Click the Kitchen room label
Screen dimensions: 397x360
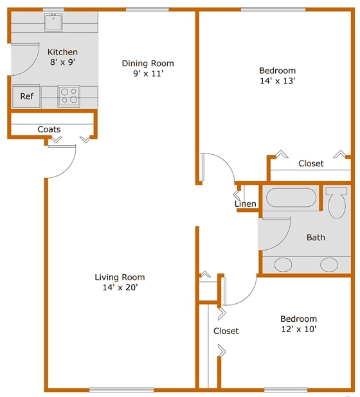(x=63, y=52)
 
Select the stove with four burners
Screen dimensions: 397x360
(x=69, y=96)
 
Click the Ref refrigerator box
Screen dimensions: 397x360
(x=26, y=96)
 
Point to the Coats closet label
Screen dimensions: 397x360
(x=49, y=130)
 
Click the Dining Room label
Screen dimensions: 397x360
(x=148, y=64)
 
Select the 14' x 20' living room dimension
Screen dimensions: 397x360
(x=120, y=288)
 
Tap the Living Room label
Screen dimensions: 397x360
(x=120, y=278)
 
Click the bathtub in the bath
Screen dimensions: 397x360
(x=292, y=197)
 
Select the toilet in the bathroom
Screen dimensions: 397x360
(x=336, y=202)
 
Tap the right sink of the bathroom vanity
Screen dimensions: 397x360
(x=329, y=263)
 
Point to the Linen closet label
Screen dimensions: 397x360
(x=246, y=204)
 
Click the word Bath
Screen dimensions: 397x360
(x=316, y=238)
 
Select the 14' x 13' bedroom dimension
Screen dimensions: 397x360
(x=277, y=81)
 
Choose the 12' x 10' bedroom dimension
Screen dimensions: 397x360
(x=298, y=329)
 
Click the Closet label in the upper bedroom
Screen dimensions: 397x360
(x=311, y=164)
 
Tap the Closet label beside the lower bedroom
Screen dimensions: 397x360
(x=226, y=331)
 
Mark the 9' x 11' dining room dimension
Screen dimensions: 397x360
(x=148, y=74)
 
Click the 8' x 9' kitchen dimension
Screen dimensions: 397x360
(x=63, y=63)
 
